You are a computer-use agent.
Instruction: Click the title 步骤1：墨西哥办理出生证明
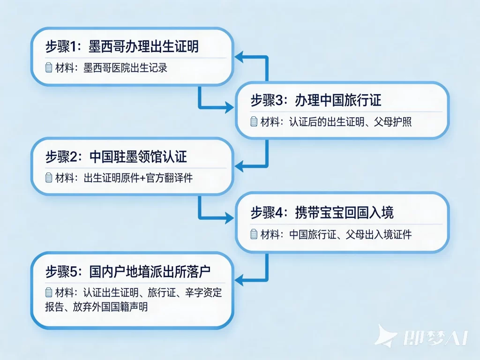[x=121, y=47]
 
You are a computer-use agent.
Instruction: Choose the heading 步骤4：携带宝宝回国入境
[x=322, y=212]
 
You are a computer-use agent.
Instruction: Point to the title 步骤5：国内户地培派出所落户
[x=131, y=272]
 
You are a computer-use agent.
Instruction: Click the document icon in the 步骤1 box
[x=48, y=68]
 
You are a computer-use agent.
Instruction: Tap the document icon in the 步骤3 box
[x=254, y=121]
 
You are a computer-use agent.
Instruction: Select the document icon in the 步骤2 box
[x=48, y=178]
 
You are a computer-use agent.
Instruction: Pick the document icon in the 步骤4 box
[x=254, y=234]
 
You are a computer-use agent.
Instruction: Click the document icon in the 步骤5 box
[x=48, y=293]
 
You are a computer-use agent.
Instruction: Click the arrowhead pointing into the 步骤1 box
[x=238, y=57]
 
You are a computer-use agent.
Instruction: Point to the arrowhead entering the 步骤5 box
[x=238, y=280]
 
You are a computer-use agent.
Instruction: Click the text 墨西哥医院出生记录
[x=125, y=68]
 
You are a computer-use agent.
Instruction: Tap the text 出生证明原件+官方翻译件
[x=138, y=178]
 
